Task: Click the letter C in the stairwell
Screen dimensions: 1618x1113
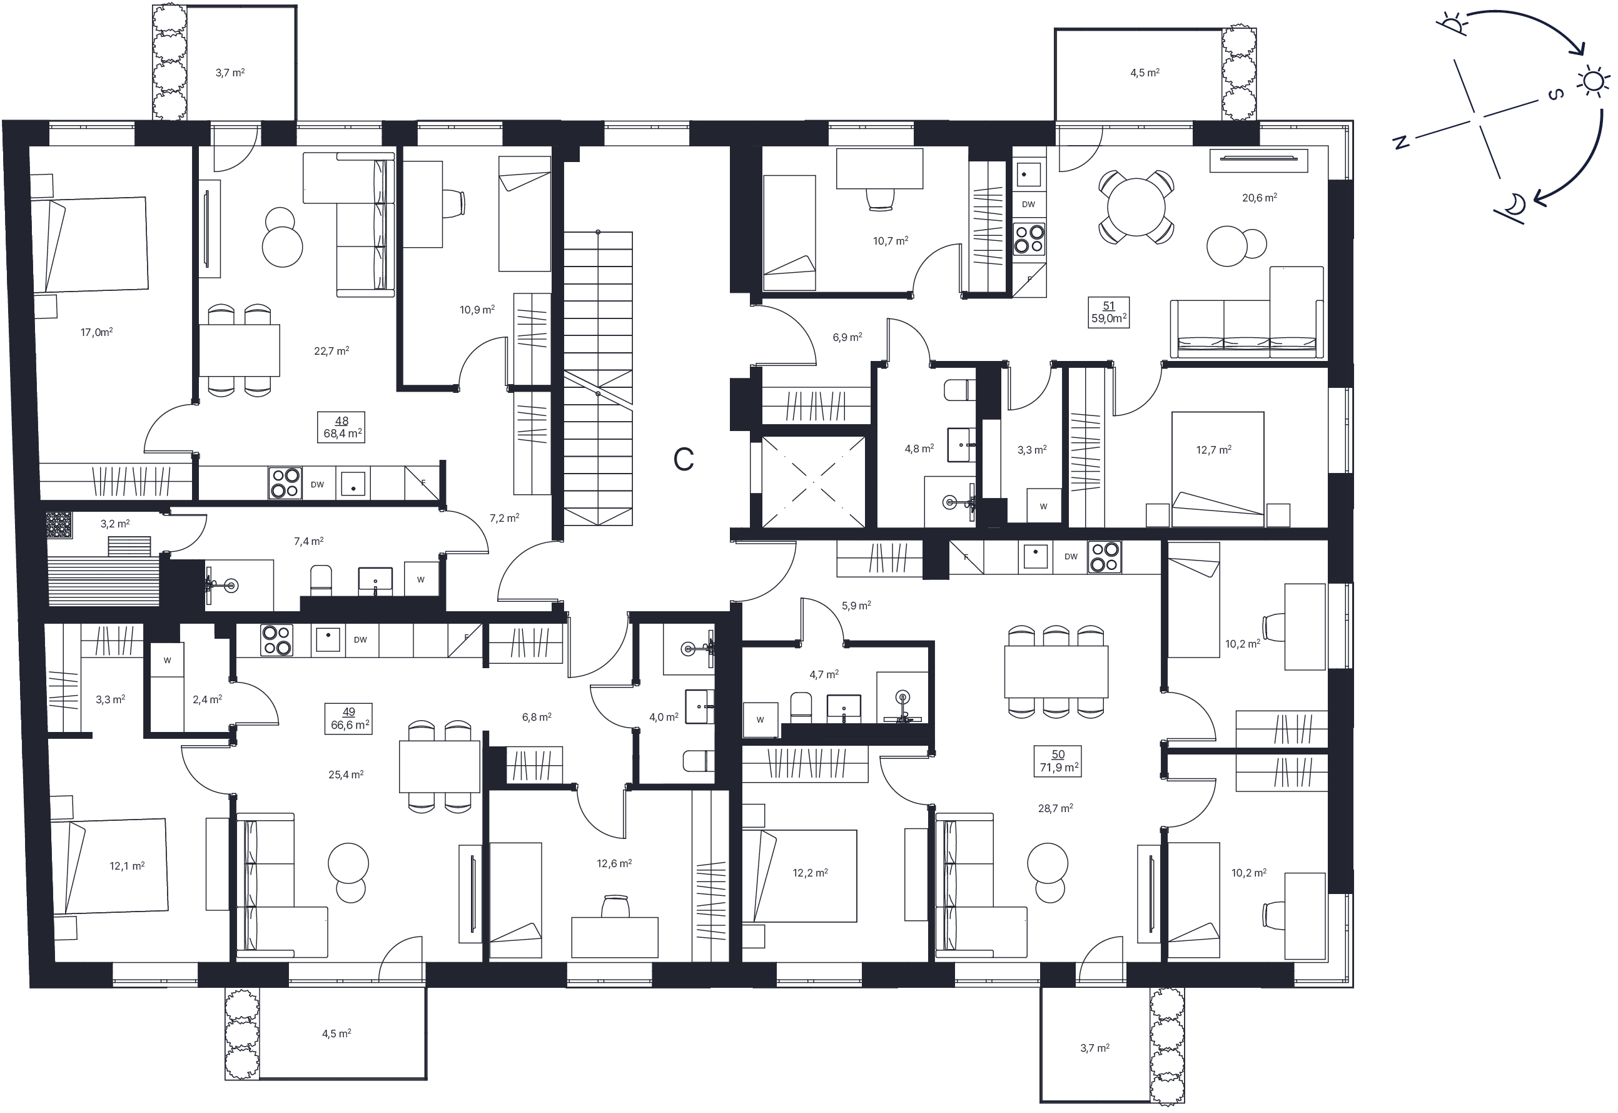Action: click(683, 460)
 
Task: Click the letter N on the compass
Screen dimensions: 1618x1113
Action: click(1400, 142)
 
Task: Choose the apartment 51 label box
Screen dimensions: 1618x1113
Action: click(1108, 312)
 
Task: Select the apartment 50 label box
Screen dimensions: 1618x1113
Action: click(1058, 761)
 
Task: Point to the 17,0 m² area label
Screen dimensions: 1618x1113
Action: click(97, 332)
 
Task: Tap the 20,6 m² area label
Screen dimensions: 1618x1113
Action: click(1260, 197)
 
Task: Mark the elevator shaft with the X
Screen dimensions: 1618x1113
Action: click(814, 481)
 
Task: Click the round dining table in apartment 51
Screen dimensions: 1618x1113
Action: click(1136, 207)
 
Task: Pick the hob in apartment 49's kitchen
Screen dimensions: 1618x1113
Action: click(276, 640)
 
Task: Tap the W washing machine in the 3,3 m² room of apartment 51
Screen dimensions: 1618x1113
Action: click(1044, 506)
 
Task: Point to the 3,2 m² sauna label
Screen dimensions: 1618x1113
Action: click(115, 523)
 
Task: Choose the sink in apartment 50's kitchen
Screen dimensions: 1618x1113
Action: click(1035, 557)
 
